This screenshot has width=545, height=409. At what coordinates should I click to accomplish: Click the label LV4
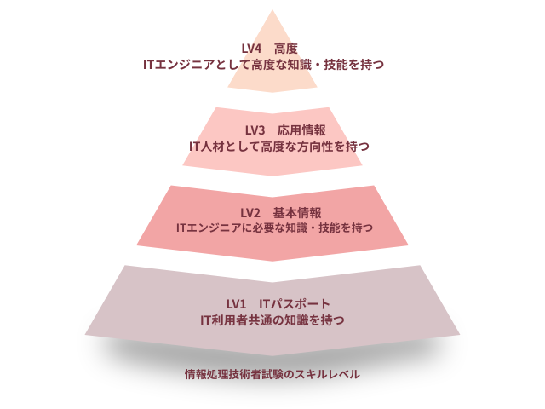(252, 49)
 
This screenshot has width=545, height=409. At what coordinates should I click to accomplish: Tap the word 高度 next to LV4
(286, 49)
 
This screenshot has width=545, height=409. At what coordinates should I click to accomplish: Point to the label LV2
(250, 212)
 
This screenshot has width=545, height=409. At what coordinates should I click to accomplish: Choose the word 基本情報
(297, 212)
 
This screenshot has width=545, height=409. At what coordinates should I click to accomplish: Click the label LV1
(236, 304)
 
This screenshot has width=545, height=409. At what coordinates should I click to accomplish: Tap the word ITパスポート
(295, 304)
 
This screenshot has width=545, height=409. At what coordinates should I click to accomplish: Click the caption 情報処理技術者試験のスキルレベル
(272, 374)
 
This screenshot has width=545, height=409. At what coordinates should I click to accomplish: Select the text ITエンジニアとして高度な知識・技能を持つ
(272, 64)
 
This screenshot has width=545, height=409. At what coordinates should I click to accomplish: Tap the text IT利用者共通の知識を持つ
(272, 320)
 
